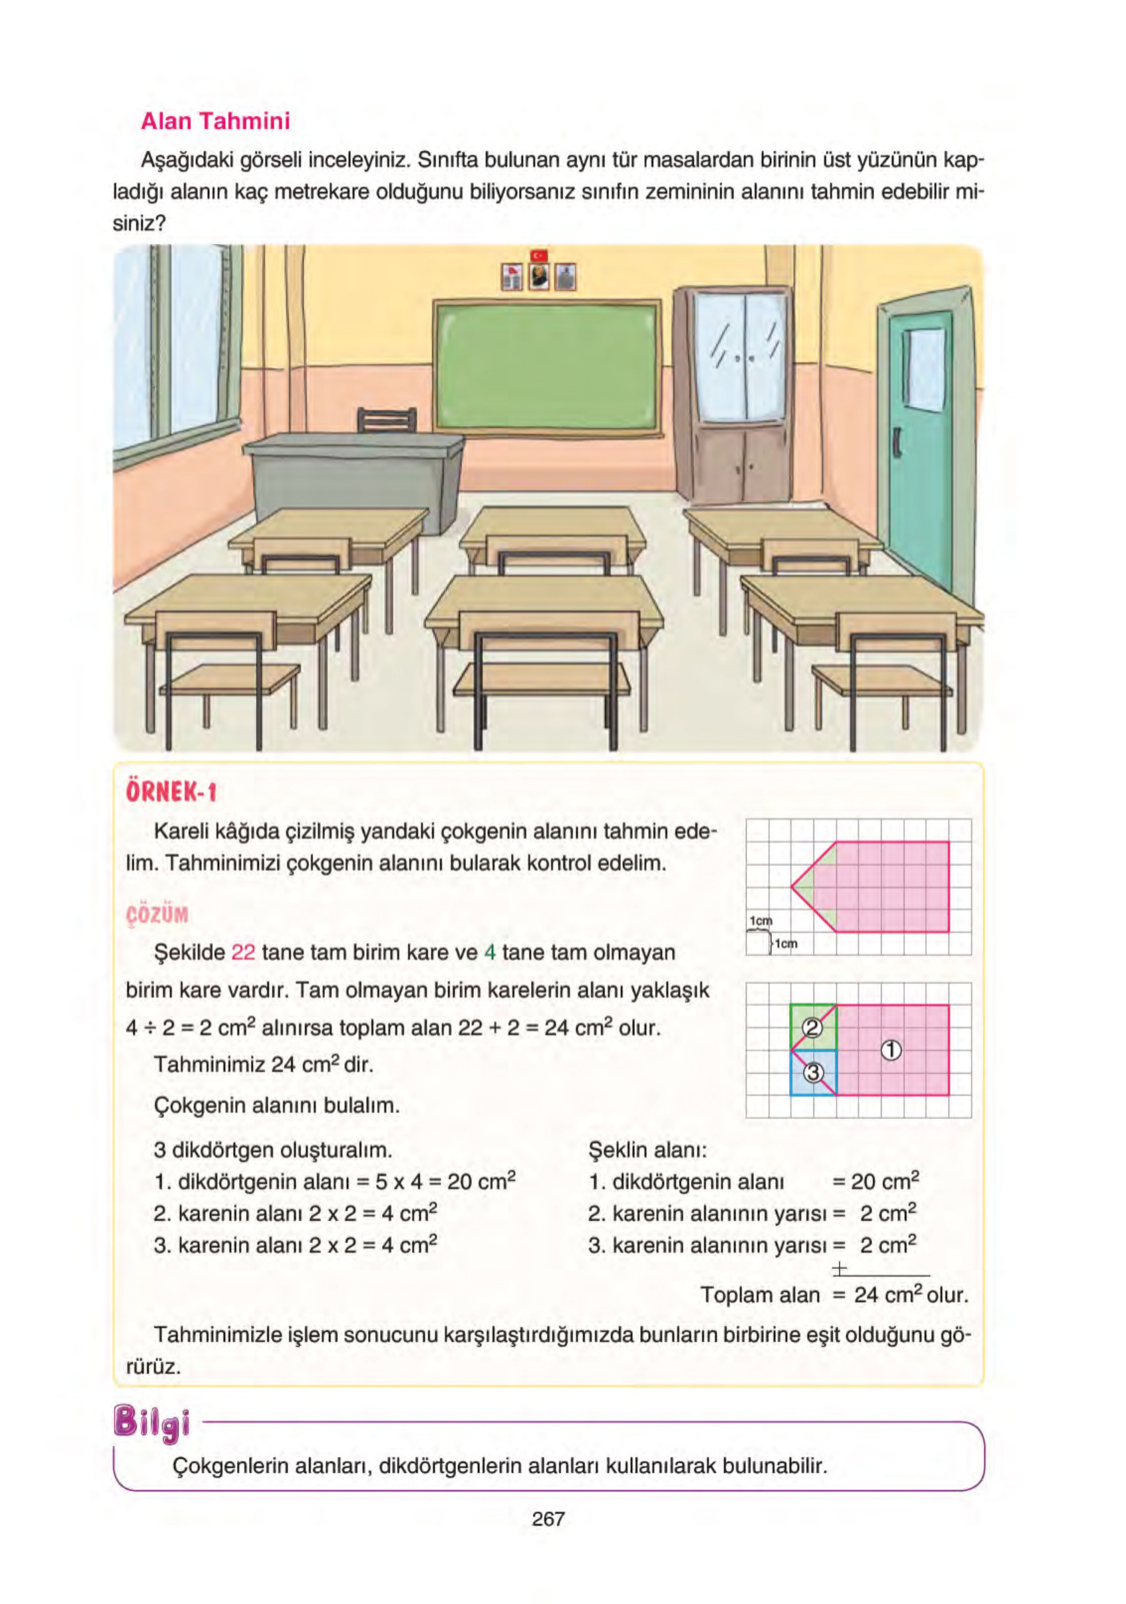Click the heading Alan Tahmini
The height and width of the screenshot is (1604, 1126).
pyautogui.click(x=215, y=122)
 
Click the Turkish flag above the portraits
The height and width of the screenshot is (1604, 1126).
pyautogui.click(x=539, y=255)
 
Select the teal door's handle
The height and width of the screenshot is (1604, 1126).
pyautogui.click(x=897, y=441)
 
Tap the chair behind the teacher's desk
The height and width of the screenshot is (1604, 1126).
pyautogui.click(x=387, y=420)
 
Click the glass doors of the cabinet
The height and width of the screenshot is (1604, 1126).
pyautogui.click(x=741, y=356)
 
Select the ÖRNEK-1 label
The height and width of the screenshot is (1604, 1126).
pyautogui.click(x=171, y=792)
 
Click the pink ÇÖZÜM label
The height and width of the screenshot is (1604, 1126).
pyautogui.click(x=158, y=914)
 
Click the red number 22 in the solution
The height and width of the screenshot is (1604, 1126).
pyautogui.click(x=242, y=953)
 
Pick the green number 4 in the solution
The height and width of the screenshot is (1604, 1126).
pyautogui.click(x=489, y=953)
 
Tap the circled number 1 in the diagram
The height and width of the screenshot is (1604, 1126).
pyautogui.click(x=890, y=1050)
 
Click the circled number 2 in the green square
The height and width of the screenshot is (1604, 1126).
pyautogui.click(x=812, y=1027)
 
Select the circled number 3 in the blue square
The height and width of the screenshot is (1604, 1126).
pyautogui.click(x=812, y=1073)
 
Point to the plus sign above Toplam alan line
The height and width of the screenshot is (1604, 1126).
pyautogui.click(x=839, y=1268)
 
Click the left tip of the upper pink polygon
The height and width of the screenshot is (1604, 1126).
pyautogui.click(x=792, y=887)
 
